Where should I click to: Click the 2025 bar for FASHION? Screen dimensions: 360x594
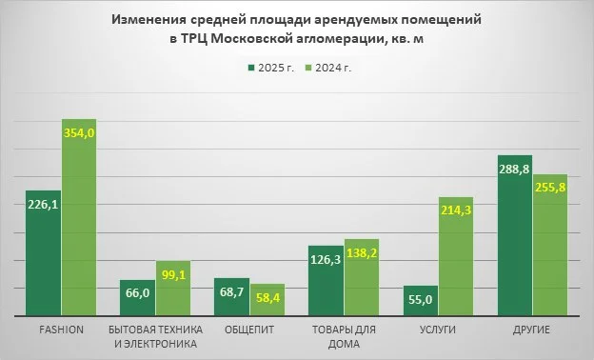tap(44, 257)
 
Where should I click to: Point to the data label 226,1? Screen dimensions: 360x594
tap(43, 202)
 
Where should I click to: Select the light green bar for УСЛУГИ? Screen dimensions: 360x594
tap(457, 262)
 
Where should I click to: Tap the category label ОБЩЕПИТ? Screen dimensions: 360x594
tap(250, 330)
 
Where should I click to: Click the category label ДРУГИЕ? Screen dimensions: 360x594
tap(532, 330)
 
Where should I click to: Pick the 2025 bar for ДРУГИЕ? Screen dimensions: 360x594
tap(514, 243)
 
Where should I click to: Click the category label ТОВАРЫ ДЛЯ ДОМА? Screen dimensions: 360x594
tap(344, 336)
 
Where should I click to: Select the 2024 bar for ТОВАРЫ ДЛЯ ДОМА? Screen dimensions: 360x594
tap(363, 281)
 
